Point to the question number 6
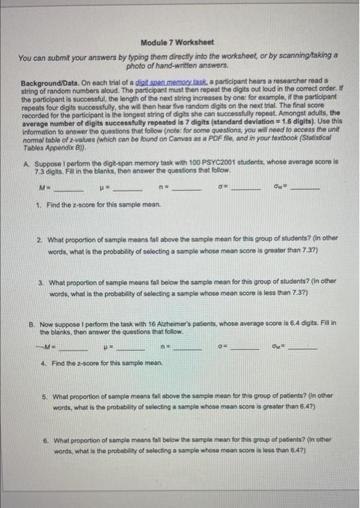click(46, 440)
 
